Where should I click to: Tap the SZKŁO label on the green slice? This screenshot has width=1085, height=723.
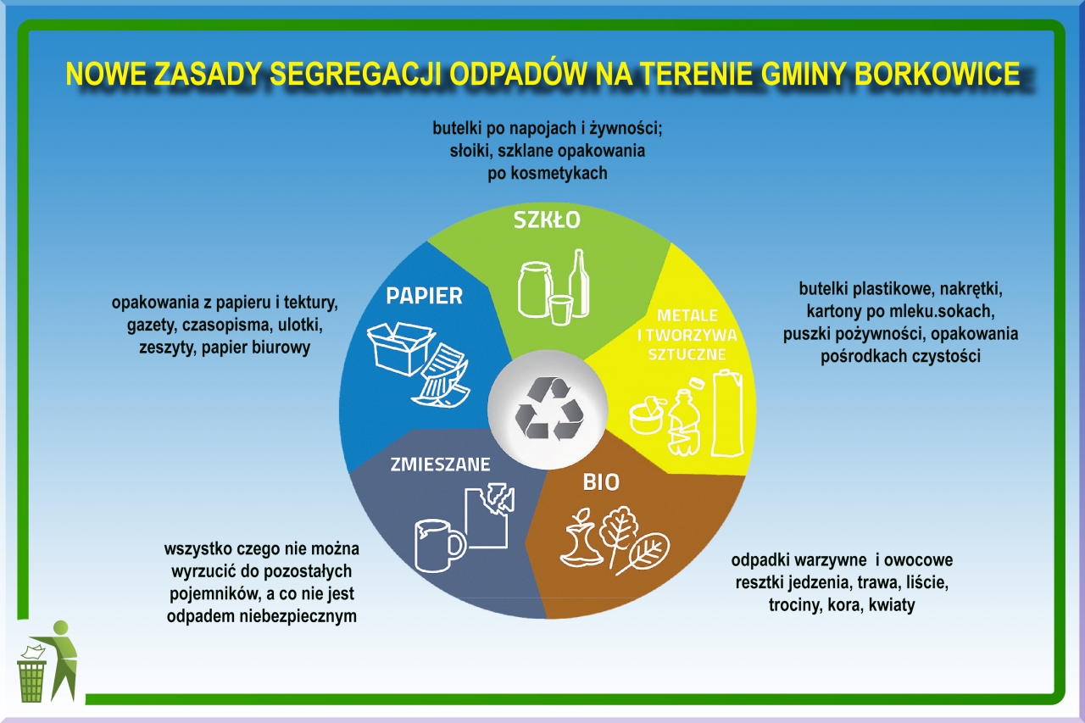point(547,220)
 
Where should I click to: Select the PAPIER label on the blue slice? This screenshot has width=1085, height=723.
point(425,296)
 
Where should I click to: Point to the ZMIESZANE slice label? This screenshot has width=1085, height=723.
point(440,464)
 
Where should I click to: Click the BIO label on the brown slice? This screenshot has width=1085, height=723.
point(601,482)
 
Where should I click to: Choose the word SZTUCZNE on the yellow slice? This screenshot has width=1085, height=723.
point(687,354)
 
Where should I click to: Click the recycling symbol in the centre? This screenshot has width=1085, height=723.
point(548,409)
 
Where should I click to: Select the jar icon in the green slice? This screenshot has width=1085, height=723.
point(535,290)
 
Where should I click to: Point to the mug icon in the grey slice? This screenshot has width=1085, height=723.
point(439,546)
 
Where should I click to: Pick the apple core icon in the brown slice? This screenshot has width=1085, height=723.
point(580,538)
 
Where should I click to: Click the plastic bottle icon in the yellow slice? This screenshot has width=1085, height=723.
point(684,422)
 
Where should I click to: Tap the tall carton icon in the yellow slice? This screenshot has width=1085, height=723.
point(727,413)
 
